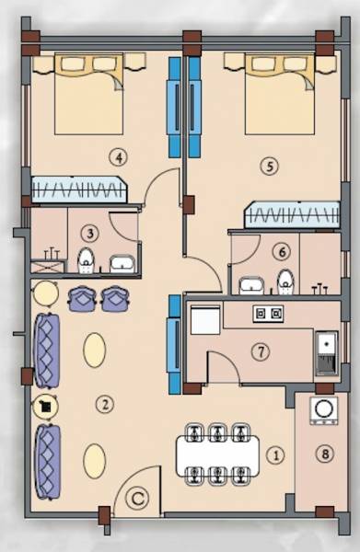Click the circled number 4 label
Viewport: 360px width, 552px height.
click(x=116, y=155)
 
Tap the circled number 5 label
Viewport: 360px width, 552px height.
click(x=268, y=167)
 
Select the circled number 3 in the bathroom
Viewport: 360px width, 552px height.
click(x=88, y=233)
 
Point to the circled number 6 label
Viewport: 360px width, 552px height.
click(x=282, y=249)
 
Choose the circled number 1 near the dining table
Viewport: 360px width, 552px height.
click(x=273, y=454)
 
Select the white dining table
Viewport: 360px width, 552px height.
click(x=218, y=454)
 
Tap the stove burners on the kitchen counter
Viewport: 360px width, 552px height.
click(x=268, y=315)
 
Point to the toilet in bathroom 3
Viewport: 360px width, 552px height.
click(x=86, y=260)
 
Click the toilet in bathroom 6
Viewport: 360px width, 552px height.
click(x=285, y=281)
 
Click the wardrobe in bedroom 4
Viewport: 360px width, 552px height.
click(x=78, y=190)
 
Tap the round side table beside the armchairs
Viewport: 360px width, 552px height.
click(x=44, y=294)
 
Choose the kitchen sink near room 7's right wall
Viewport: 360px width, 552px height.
click(x=325, y=351)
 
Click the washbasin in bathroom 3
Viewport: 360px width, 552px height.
click(x=122, y=265)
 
